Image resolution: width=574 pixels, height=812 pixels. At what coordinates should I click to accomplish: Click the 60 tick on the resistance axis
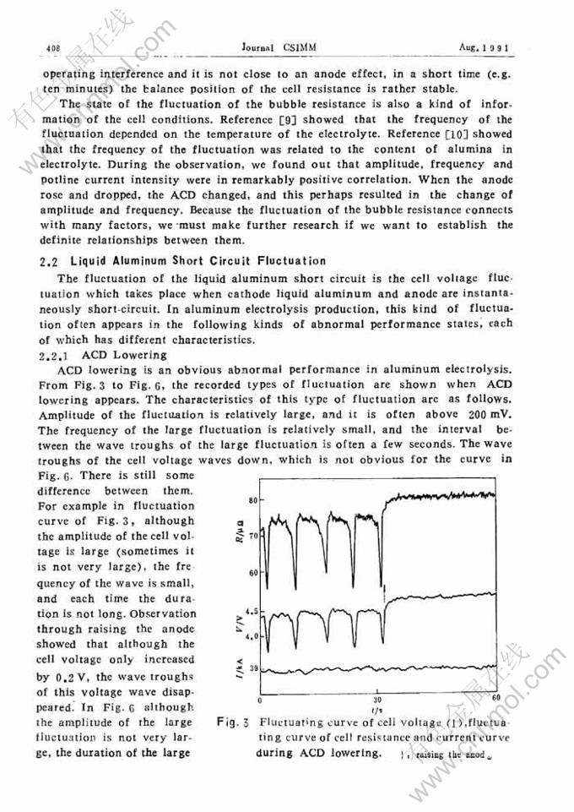coord(251,573)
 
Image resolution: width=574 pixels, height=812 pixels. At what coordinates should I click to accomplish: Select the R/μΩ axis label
coord(242,531)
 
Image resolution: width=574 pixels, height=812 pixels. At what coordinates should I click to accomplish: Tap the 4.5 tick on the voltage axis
coord(249,609)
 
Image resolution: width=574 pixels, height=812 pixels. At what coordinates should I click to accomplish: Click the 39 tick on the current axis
coord(251,668)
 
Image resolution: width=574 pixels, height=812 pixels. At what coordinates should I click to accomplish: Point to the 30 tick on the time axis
coord(376,700)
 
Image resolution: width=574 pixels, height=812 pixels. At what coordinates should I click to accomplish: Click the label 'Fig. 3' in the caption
coord(231,722)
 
